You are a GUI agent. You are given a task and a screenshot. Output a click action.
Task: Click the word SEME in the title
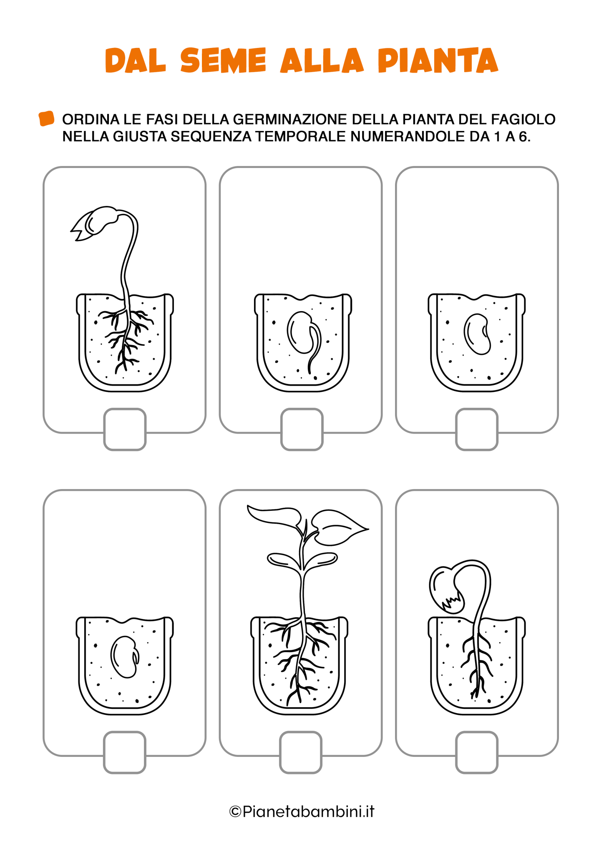coord(223,60)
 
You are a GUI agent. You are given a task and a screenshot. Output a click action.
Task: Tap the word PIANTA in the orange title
coord(438,60)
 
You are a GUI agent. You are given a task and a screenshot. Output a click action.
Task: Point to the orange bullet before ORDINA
coord(46,118)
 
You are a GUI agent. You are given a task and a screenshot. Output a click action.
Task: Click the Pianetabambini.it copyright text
coord(302,811)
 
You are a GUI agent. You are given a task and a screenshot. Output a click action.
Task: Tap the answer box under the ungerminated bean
coord(476,430)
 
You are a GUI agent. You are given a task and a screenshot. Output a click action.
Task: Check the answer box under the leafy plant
coord(301,752)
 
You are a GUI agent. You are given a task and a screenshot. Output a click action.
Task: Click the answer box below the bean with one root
coord(302,430)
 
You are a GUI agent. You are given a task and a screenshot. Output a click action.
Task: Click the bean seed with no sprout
coord(476,334)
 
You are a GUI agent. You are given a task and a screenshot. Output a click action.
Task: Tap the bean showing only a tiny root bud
coord(124,657)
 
